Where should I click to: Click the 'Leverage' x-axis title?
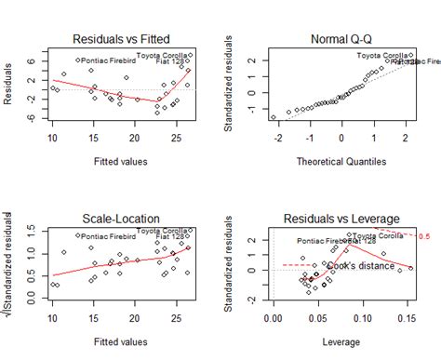(341, 341)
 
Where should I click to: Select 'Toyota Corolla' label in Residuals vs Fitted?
(163, 55)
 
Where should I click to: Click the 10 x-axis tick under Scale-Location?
(53, 318)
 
